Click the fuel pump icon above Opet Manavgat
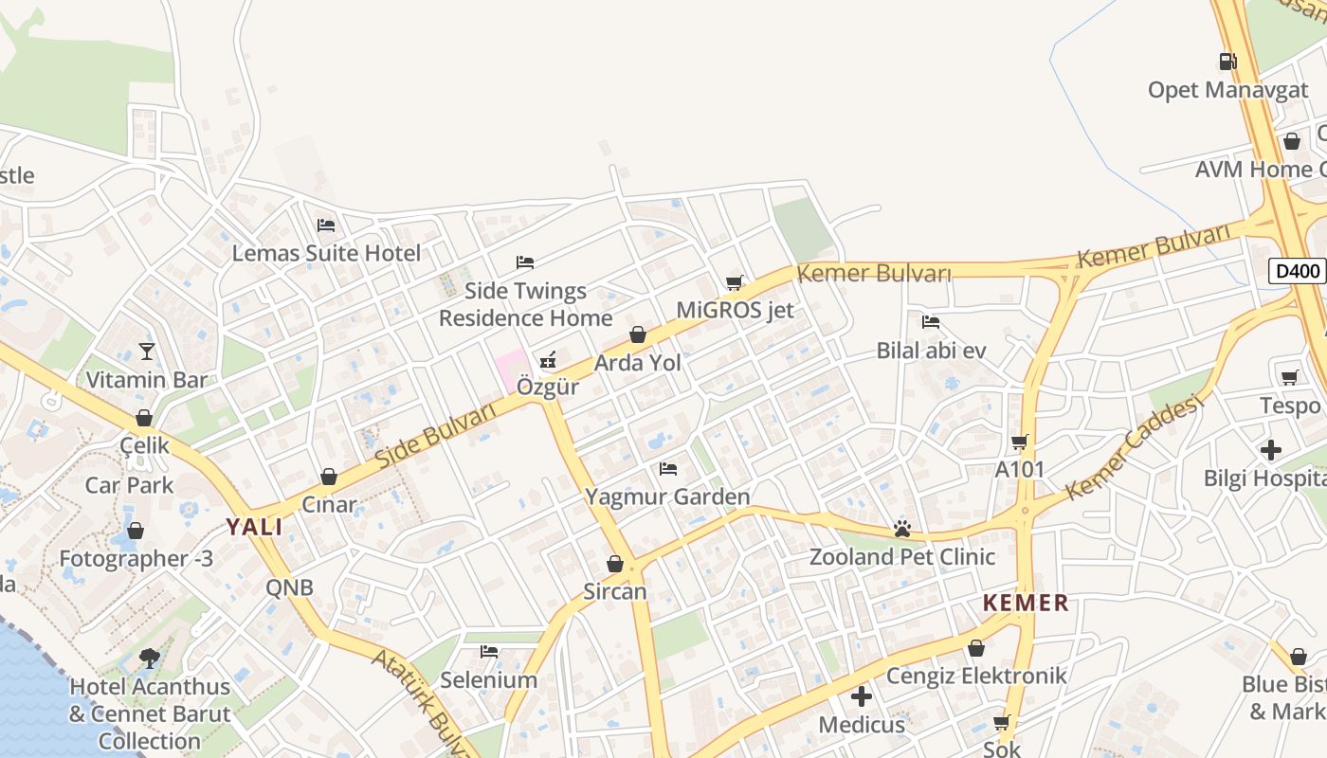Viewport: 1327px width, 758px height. coord(1227,62)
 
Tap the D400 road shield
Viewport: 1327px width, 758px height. coord(1298,271)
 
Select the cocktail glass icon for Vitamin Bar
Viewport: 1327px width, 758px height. coord(146,352)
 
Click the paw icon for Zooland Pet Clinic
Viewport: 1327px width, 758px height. coord(901,529)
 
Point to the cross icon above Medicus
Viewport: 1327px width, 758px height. coord(862,696)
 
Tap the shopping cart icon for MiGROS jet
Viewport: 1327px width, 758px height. coord(735,282)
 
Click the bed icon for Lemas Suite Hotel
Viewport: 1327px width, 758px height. coord(326,226)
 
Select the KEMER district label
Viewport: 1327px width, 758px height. coord(1026,603)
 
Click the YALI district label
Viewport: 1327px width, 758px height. coord(254,528)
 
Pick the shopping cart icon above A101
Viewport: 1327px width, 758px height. coord(1020,442)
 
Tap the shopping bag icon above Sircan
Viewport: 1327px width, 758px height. coord(615,564)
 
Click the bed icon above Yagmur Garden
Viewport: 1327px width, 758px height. coord(668,468)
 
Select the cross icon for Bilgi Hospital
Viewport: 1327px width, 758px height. coord(1271,449)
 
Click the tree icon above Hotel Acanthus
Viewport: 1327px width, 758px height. coord(149,658)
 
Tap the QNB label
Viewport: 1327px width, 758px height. coord(289,587)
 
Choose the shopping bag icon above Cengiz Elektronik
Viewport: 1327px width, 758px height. coord(976,648)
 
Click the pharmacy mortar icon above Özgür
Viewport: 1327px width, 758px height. coord(548,359)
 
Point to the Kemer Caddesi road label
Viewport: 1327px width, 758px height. coord(1134,447)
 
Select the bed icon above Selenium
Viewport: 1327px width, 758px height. coord(489,652)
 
